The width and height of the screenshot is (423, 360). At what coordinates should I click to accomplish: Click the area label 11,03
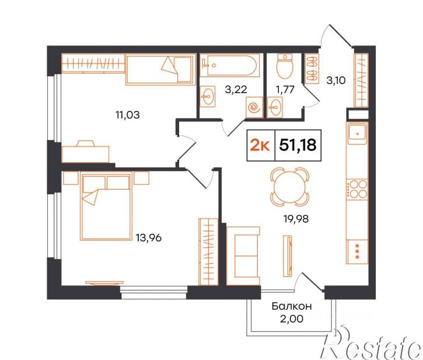coord(128,115)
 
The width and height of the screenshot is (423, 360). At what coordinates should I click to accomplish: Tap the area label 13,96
coord(149,237)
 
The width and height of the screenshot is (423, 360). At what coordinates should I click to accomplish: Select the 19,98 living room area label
coord(296,219)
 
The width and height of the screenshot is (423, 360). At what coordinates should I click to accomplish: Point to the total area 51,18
coord(298,145)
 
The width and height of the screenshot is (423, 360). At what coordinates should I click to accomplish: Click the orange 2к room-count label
coord(260,145)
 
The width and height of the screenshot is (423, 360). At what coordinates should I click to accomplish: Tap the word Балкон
coord(292,306)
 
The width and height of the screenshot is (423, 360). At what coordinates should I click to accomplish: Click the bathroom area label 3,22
coord(236,89)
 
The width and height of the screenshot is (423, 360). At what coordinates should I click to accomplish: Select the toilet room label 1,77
coord(285,89)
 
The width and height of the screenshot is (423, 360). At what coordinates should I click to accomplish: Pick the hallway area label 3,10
coord(336,81)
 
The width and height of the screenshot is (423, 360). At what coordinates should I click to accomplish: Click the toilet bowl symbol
coord(285,66)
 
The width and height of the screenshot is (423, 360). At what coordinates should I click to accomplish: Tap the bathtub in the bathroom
coord(230,65)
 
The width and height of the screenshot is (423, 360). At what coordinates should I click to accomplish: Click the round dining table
coord(289,187)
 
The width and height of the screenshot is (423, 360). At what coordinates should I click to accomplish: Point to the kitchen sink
coord(358,133)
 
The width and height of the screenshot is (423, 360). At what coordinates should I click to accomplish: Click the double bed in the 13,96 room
coord(106,206)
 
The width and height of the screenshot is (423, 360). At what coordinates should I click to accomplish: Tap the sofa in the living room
coord(243,256)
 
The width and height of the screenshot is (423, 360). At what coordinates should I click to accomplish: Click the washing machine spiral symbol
coord(254,107)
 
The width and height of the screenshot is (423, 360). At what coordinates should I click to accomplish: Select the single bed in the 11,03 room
coord(161,69)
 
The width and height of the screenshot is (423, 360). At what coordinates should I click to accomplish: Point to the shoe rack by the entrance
coord(312,68)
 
